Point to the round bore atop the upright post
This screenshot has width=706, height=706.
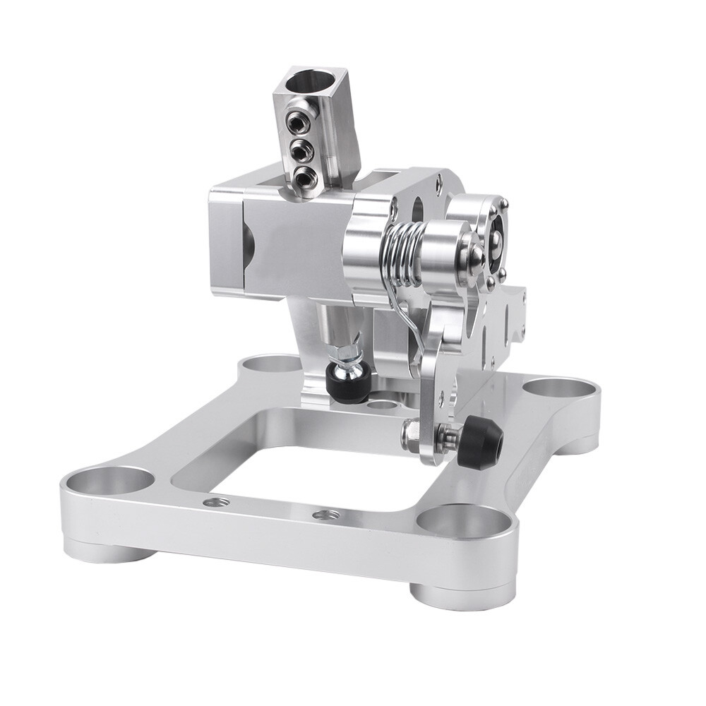pyautogui.click(x=311, y=83)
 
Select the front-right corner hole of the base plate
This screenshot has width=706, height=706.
pyautogui.click(x=463, y=522)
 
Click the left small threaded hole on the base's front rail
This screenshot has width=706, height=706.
pyautogui.click(x=216, y=502)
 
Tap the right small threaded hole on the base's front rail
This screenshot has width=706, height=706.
pyautogui.click(x=325, y=515)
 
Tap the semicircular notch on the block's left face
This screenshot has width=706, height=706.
pyautogui.click(x=247, y=244)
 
